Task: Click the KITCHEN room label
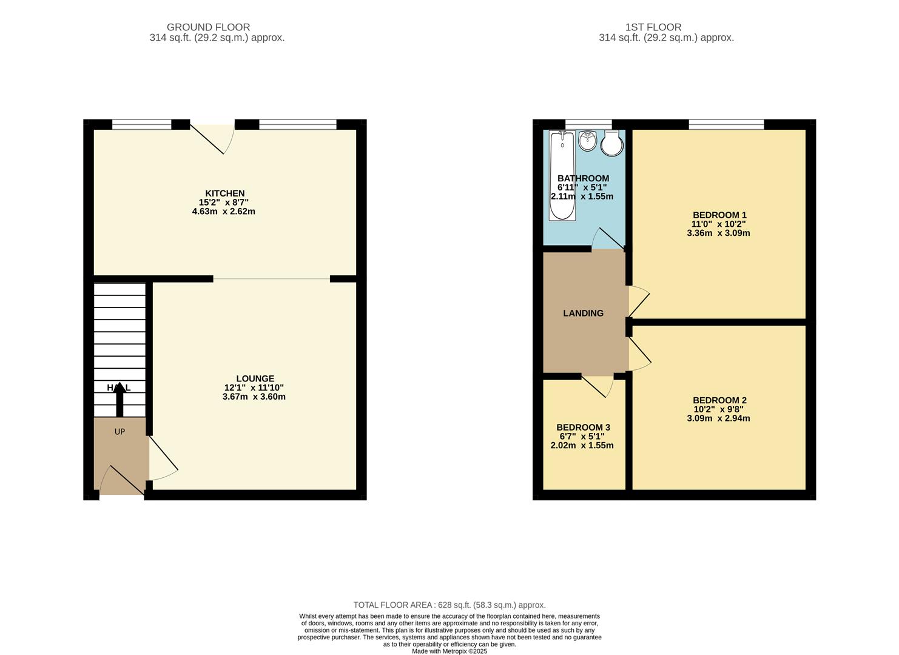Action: click(x=224, y=193)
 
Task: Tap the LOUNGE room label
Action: click(x=255, y=378)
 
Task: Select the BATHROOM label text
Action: click(x=583, y=178)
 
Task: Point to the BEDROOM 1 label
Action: click(x=719, y=215)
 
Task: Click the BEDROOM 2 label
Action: click(x=719, y=400)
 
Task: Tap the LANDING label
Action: click(x=583, y=314)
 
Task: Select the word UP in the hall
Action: click(x=120, y=432)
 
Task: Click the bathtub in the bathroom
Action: click(x=562, y=176)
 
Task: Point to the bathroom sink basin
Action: click(x=587, y=142)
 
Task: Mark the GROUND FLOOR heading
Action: click(x=208, y=27)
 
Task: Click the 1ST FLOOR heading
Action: click(x=653, y=27)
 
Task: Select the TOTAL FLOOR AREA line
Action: click(x=449, y=605)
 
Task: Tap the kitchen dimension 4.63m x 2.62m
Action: click(x=223, y=212)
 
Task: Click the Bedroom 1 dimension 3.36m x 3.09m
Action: click(x=718, y=233)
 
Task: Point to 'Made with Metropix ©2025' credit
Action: click(x=449, y=651)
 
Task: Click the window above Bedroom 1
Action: click(x=726, y=125)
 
